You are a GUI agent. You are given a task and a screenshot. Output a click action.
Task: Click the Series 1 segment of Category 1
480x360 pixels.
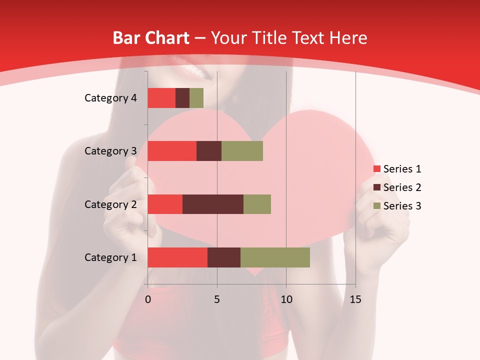177,257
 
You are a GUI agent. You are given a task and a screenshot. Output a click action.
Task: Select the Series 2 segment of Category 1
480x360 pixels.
224,257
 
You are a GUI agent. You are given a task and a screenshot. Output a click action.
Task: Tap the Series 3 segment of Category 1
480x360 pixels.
275,257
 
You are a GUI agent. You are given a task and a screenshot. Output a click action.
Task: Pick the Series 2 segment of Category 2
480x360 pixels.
213,204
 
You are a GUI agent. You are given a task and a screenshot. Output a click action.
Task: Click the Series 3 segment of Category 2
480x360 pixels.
257,204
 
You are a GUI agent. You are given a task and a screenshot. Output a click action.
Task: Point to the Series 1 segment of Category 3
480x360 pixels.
172,151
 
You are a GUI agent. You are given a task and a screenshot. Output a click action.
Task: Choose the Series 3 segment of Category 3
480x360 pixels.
242,151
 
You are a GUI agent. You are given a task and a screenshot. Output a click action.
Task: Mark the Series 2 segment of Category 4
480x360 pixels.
182,98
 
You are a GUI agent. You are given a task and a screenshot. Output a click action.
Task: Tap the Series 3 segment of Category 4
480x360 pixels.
196,98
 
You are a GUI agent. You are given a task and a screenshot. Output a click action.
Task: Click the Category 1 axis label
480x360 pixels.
110,257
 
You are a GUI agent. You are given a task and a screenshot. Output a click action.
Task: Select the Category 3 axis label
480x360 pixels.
110,151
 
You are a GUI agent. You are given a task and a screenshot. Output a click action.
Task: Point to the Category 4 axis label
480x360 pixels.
110,98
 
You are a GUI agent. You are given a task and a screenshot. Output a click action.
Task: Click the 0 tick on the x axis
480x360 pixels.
148,299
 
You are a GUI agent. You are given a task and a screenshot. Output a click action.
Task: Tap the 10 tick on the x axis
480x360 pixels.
286,299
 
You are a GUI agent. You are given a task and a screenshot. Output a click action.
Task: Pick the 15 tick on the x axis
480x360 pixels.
355,299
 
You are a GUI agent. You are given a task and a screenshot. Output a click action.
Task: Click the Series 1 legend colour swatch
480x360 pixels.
376,169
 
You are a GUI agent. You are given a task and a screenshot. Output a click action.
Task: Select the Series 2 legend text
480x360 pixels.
402,187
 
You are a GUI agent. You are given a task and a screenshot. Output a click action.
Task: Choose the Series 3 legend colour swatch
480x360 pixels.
376,206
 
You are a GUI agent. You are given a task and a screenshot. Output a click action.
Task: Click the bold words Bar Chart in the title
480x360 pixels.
151,38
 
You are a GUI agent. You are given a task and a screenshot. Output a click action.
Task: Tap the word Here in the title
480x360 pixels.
349,38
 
